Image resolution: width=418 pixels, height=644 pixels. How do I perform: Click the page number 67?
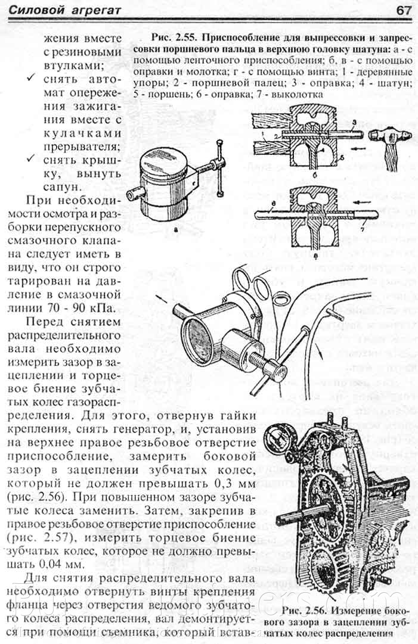click(x=403, y=10)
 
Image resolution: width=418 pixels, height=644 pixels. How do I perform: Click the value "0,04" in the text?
click(x=49, y=564)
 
